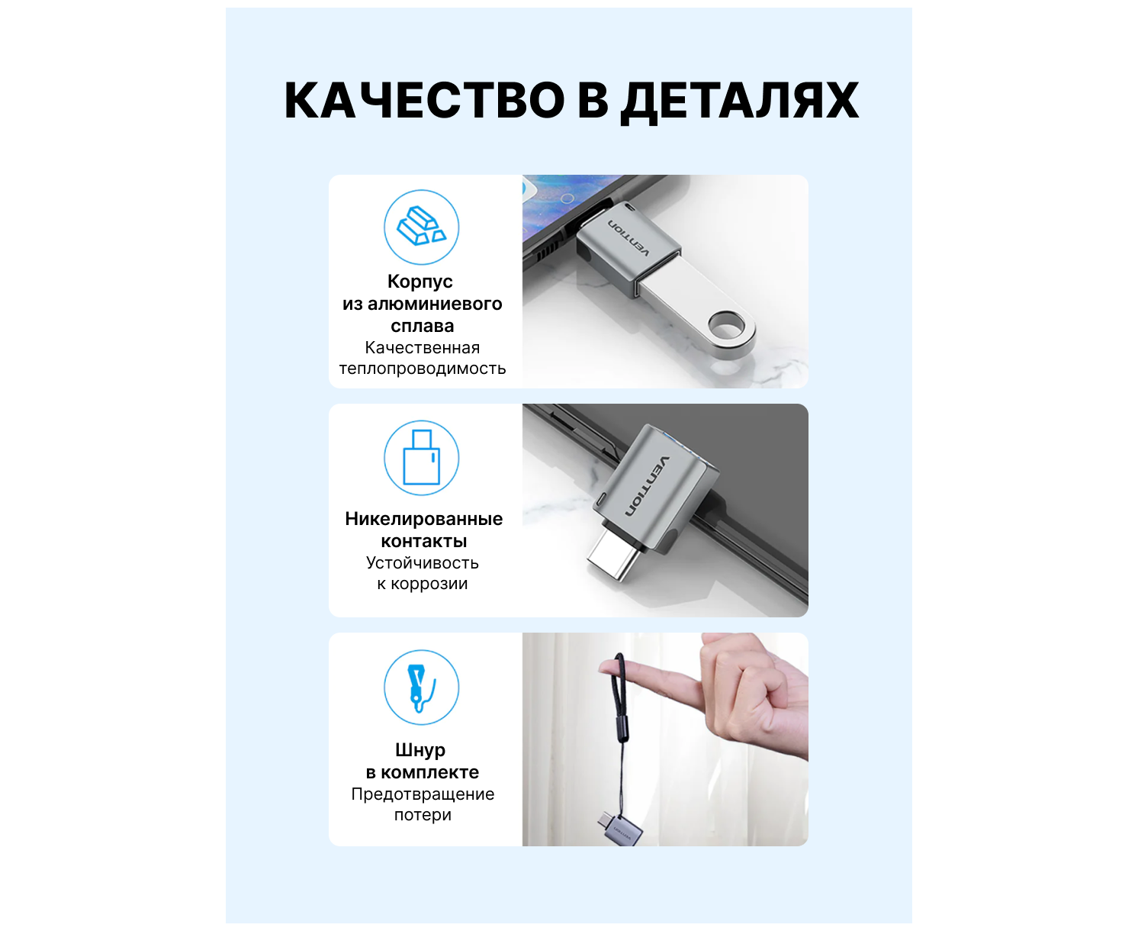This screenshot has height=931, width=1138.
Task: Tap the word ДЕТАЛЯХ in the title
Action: point(740,102)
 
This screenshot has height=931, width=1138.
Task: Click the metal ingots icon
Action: point(422,227)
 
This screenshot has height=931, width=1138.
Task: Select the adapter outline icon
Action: point(422,457)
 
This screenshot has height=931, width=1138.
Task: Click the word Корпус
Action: point(420,282)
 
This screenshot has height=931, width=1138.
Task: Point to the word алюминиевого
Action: point(435,304)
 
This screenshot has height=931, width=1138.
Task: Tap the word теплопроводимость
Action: point(422,369)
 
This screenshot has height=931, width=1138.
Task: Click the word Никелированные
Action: point(423,519)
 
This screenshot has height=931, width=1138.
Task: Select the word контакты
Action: point(423,541)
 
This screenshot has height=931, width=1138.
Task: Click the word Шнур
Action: point(420,751)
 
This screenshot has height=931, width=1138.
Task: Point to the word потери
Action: point(423,816)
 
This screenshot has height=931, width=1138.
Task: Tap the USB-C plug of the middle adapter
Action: point(613,559)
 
